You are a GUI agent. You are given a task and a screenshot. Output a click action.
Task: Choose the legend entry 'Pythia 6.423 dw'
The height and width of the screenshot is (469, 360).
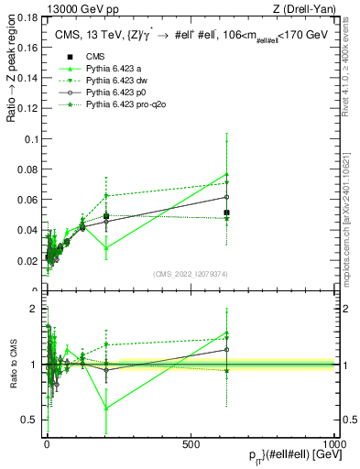(x=116, y=81)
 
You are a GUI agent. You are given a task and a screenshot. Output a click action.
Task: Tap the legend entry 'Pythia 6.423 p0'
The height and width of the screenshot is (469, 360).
(x=116, y=93)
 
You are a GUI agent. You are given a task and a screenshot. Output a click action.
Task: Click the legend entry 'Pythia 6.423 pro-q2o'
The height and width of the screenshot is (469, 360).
(x=125, y=106)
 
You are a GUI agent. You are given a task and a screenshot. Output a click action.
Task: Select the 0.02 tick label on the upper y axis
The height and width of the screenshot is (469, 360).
(x=27, y=261)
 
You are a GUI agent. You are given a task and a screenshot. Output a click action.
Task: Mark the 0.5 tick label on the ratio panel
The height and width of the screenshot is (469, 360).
(x=29, y=420)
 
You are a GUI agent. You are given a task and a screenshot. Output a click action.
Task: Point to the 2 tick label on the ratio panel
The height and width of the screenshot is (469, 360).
(x=34, y=309)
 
